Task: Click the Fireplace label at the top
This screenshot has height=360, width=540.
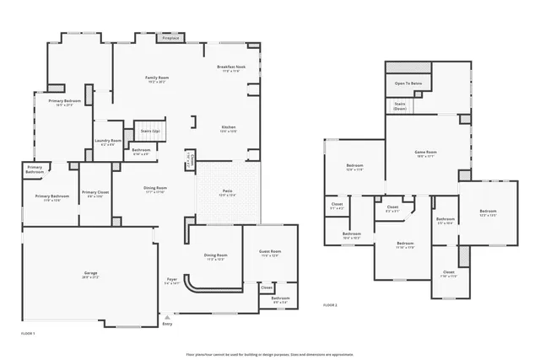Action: pyautogui.click(x=170, y=38)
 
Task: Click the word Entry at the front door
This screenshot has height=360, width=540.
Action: pyautogui.click(x=167, y=324)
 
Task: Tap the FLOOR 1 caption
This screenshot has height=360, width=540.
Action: pyautogui.click(x=27, y=334)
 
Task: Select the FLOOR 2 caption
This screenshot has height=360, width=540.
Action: pyautogui.click(x=330, y=305)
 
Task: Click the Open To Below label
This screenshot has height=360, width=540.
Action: pyautogui.click(x=408, y=84)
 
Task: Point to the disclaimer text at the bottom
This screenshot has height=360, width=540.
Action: pyautogui.click(x=269, y=353)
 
